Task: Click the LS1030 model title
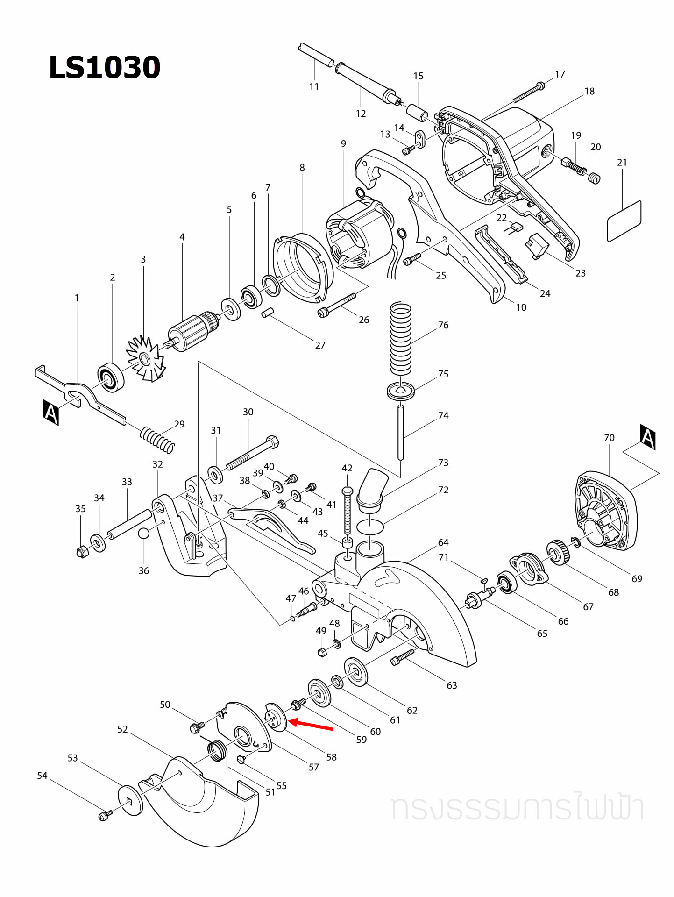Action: point(105,68)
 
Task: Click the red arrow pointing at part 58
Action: point(310,725)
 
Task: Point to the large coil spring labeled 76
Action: point(401,339)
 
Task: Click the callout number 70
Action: point(609,438)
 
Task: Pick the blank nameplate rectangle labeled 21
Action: point(624,221)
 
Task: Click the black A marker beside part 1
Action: point(51,412)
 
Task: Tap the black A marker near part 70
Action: point(648,437)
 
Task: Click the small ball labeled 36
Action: point(144,534)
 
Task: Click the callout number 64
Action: point(443,542)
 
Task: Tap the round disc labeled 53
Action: point(131,801)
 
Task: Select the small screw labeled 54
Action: point(105,816)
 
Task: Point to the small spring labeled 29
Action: point(157,440)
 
